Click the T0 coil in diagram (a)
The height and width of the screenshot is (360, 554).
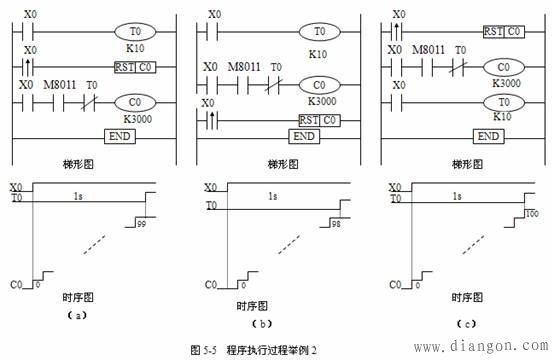133,32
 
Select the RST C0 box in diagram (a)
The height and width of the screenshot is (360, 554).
133,67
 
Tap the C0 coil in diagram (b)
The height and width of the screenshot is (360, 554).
319,86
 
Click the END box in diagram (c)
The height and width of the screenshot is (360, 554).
489,135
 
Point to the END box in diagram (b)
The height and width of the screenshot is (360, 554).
304,135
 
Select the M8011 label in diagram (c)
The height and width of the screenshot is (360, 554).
430,50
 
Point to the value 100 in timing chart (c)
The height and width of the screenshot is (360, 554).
532,215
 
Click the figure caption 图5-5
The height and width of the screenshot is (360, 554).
204,347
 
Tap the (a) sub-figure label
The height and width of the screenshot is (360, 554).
73,314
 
